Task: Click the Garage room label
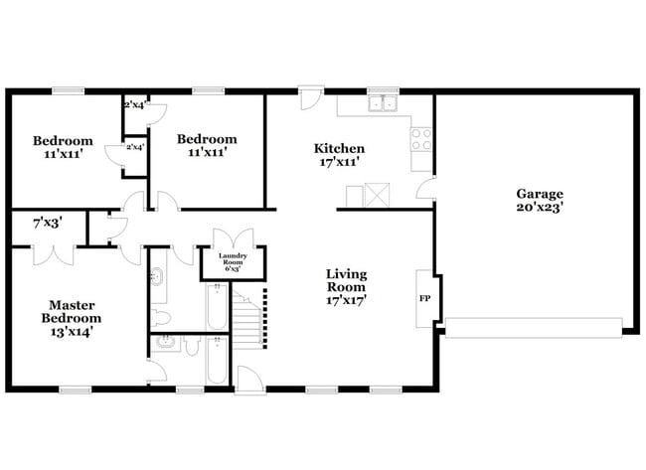(539, 194)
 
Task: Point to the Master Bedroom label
(71, 311)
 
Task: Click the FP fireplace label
(424, 298)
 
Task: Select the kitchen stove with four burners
(421, 138)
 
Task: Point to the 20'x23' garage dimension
(539, 210)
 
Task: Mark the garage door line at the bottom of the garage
(533, 325)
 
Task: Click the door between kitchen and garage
(426, 189)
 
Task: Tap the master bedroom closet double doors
(53, 253)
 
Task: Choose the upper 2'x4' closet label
(134, 104)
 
